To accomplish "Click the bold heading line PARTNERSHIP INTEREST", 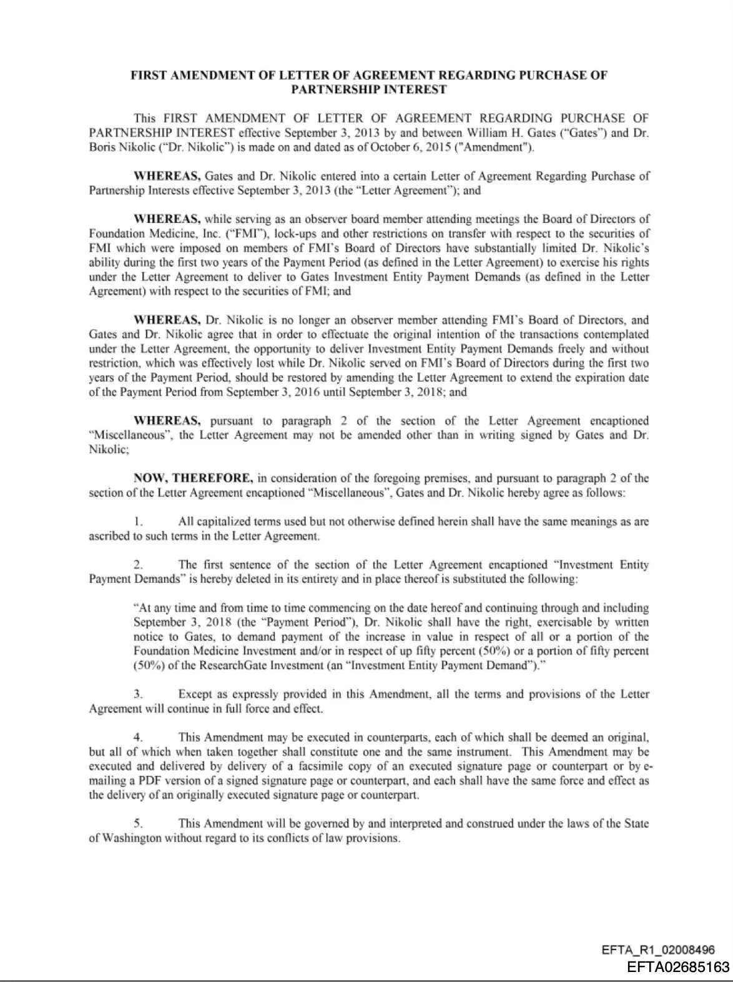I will pos(368,89).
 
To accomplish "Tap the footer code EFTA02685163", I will pos(678,968).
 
